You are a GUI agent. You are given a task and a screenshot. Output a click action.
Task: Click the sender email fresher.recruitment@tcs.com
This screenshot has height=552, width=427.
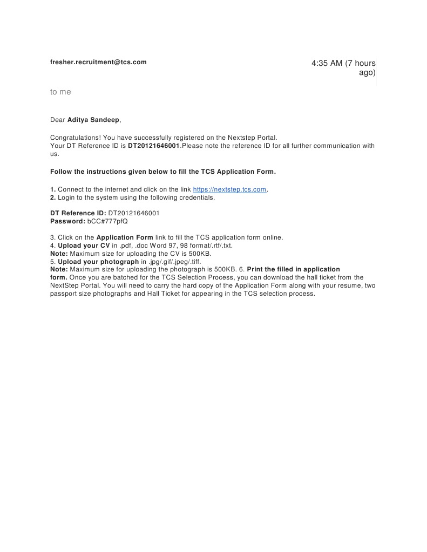coord(98,62)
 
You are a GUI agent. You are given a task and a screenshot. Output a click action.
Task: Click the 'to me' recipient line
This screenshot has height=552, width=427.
coord(60,92)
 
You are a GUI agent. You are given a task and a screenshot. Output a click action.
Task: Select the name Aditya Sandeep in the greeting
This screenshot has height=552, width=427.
coord(93,119)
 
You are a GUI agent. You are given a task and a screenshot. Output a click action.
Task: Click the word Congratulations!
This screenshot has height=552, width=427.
coord(75,138)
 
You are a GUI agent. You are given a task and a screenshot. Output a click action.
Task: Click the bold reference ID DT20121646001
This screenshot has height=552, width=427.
coord(153,146)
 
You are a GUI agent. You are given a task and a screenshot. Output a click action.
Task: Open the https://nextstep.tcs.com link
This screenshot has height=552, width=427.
coord(229,189)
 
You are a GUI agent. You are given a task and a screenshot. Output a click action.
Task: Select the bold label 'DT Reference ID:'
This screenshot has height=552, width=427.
coord(78,213)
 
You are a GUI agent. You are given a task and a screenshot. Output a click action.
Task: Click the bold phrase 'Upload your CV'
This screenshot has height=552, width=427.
coord(84,246)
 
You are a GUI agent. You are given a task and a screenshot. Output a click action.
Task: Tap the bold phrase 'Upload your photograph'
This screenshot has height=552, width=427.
coord(98,262)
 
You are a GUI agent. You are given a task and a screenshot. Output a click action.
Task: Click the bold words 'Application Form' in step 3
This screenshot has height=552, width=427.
coord(125,237)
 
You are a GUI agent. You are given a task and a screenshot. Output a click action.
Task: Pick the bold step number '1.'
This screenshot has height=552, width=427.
coord(53,189)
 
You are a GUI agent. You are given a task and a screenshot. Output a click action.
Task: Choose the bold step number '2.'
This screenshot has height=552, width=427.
coord(53,197)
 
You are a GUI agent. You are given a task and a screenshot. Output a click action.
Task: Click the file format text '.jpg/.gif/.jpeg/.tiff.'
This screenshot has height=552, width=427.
coord(174,262)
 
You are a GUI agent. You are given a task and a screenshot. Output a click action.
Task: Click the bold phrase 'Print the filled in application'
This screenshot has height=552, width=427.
coord(293,269)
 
